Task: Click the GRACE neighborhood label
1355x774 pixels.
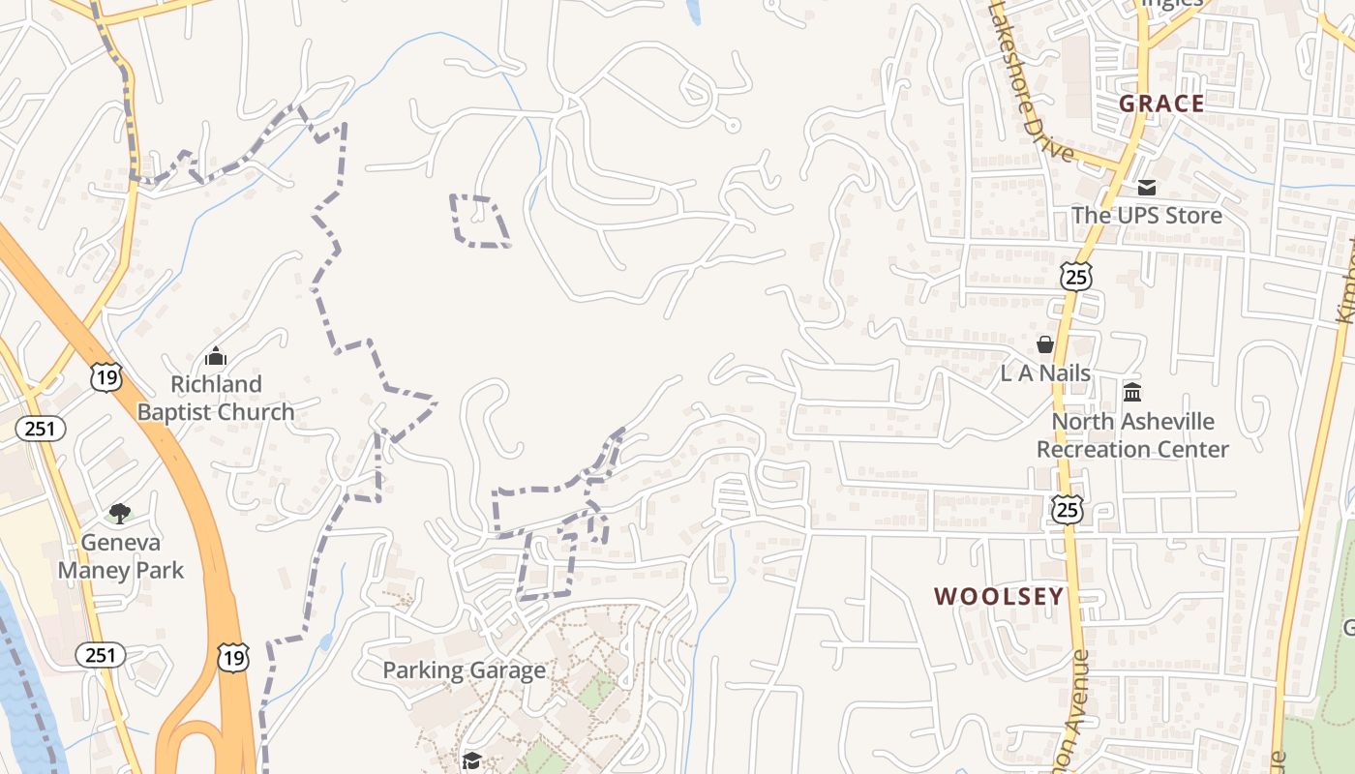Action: pos(1161,104)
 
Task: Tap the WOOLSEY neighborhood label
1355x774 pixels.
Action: pos(999,596)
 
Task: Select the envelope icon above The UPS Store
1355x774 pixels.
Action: pos(1147,187)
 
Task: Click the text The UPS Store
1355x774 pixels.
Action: pos(1147,215)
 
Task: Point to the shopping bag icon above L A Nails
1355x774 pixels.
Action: pos(1045,344)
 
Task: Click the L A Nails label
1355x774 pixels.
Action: pos(1045,373)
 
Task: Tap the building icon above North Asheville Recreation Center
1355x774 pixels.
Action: pos(1132,392)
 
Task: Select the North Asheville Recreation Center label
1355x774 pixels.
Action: pos(1132,435)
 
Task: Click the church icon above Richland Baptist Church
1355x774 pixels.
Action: pos(216,356)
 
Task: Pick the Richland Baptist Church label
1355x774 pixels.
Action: pos(216,398)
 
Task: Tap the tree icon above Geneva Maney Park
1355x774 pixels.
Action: pos(120,513)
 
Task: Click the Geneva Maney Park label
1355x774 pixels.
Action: pos(120,556)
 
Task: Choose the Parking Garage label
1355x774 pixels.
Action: pos(464,670)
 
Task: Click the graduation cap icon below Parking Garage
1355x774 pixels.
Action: pos(471,761)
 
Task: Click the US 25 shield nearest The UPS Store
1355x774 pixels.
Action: pos(1076,276)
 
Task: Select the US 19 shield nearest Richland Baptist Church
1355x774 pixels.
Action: pos(106,377)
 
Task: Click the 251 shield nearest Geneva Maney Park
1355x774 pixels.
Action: pos(100,655)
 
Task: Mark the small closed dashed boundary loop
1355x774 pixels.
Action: pos(479,221)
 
